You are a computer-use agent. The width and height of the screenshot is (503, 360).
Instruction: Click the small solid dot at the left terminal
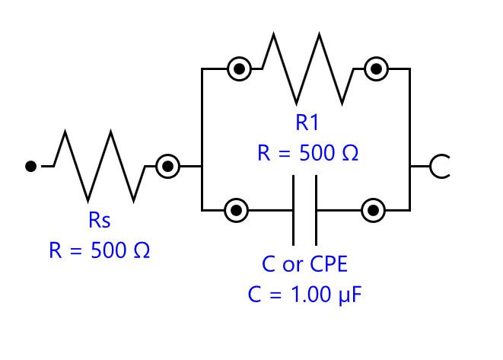[30, 166]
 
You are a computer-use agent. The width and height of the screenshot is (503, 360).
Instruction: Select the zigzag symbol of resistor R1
[307, 71]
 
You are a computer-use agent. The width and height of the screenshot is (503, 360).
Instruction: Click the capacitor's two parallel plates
[304, 209]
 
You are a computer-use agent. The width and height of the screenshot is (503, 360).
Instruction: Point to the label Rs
[100, 221]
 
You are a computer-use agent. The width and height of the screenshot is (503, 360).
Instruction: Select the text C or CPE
[304, 265]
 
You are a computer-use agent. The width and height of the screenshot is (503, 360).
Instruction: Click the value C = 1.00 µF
[304, 294]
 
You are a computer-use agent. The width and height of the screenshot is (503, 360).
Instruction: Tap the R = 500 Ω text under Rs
[100, 250]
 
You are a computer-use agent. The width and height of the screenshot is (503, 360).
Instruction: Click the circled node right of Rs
[167, 166]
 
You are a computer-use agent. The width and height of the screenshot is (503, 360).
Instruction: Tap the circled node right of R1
[375, 69]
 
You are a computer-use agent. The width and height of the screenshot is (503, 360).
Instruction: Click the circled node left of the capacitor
[237, 209]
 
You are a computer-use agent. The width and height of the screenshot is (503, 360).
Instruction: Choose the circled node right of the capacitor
[373, 209]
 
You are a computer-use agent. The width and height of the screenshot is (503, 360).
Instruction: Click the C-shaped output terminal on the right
[440, 166]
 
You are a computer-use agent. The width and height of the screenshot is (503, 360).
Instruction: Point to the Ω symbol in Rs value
[141, 250]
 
